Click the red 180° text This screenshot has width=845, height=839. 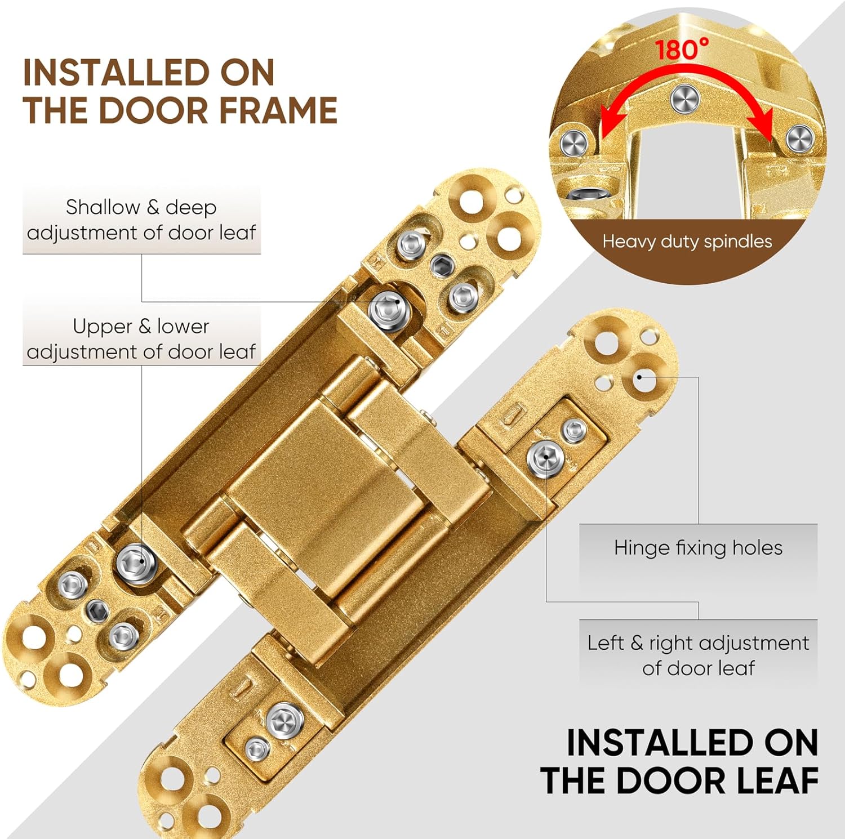[682, 50]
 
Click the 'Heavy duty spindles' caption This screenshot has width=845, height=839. [687, 242]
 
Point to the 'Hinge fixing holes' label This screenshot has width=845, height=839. [698, 548]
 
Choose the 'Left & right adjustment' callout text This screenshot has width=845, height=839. [698, 643]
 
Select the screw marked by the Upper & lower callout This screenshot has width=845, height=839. [136, 561]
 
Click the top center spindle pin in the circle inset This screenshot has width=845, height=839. [685, 100]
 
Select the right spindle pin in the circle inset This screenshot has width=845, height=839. [799, 139]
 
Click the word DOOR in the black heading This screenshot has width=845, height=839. [668, 781]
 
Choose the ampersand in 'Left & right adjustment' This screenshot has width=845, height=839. [637, 643]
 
